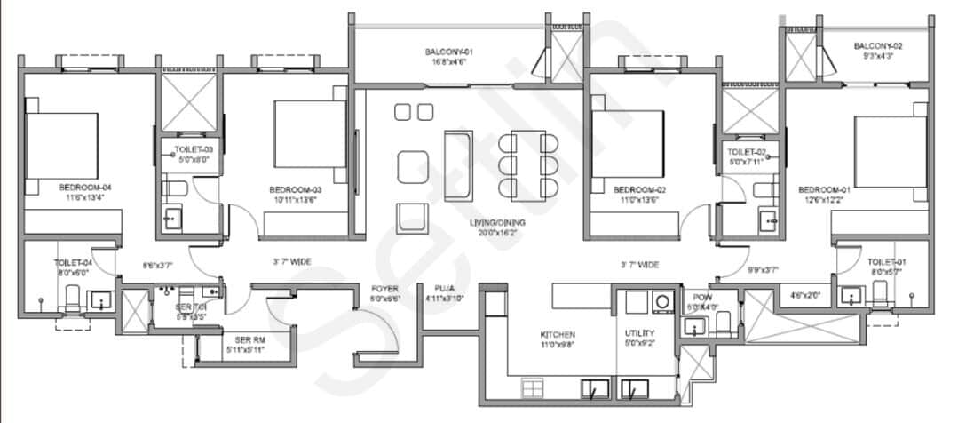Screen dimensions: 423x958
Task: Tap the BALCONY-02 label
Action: coord(877,45)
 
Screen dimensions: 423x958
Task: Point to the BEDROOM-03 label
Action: coord(295,190)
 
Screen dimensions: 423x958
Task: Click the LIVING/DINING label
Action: coord(494,223)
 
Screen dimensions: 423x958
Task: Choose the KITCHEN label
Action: coord(557,335)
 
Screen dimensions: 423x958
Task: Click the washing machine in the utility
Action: coord(662,302)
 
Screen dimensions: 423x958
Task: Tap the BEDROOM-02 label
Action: coord(639,190)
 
